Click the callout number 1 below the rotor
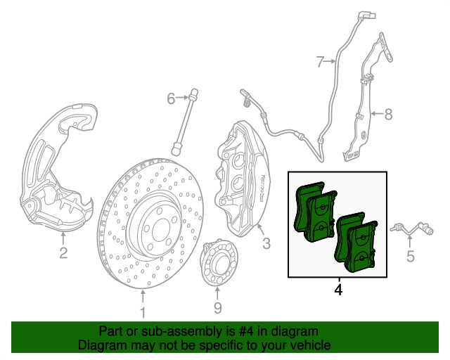pyautogui.click(x=143, y=312)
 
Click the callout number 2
pyautogui.click(x=63, y=252)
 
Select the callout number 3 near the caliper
pyautogui.click(x=266, y=244)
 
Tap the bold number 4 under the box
pyautogui.click(x=339, y=289)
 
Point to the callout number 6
pyautogui.click(x=170, y=98)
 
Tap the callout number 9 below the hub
pyautogui.click(x=217, y=307)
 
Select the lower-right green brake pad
pyautogui.click(x=358, y=243)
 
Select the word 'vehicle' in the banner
pyautogui.click(x=309, y=346)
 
